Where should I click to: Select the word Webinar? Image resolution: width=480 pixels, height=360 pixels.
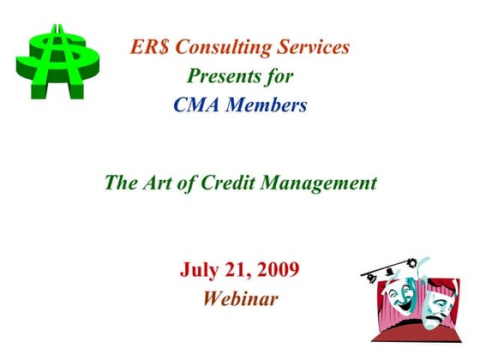coord(240,299)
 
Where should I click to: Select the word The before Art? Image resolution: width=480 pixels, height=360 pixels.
coord(119,183)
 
